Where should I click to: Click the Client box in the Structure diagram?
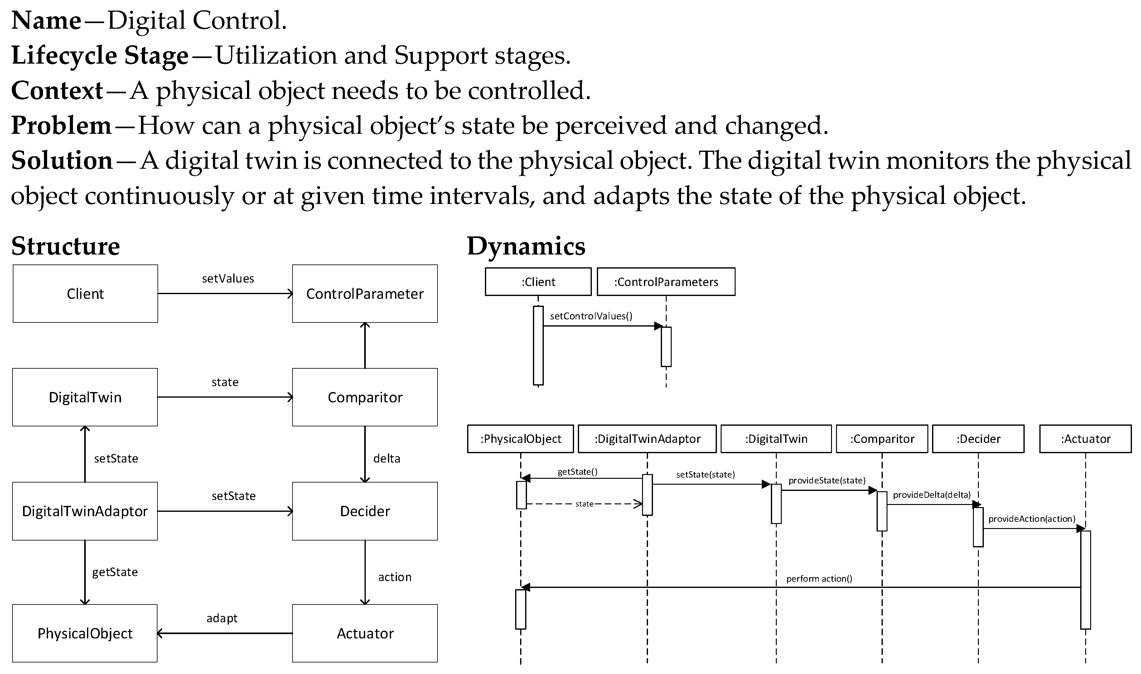pos(85,294)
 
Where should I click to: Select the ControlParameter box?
pos(365,294)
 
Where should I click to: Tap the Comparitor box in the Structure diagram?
pos(365,397)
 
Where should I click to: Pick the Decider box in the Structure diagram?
pos(365,512)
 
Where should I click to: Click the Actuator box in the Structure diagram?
pos(365,633)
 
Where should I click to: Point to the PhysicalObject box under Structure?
pos(85,633)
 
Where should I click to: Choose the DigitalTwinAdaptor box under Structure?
pos(85,512)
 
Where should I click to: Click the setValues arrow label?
pos(228,279)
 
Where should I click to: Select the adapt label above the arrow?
pos(222,618)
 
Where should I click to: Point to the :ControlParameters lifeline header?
pos(666,282)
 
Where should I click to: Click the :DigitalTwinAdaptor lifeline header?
pos(647,439)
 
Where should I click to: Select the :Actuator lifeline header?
pos(1085,439)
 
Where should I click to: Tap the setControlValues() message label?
pos(591,316)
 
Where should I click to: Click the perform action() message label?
pos(819,579)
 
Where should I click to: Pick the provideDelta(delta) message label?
pos(932,495)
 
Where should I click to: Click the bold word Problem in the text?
pos(61,125)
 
